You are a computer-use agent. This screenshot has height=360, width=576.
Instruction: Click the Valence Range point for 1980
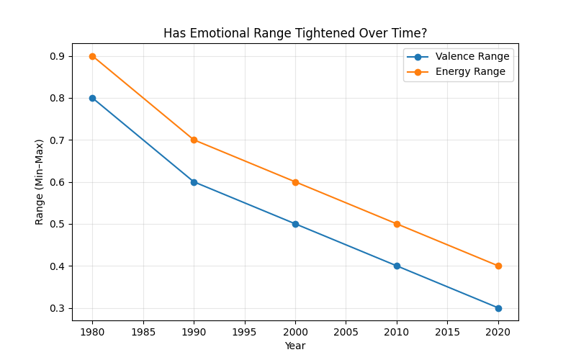[92, 98]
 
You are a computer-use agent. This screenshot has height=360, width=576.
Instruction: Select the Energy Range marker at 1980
[92, 56]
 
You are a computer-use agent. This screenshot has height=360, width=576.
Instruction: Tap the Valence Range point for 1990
[194, 182]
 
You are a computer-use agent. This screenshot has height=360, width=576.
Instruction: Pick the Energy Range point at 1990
[194, 140]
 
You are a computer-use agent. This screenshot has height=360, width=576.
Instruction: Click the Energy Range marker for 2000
[295, 182]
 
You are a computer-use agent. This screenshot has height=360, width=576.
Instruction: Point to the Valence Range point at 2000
[295, 224]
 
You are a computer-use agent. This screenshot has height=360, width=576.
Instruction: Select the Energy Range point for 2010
[397, 224]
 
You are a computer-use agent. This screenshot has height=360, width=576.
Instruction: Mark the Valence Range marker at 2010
[397, 266]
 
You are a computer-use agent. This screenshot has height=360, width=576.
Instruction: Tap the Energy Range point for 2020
[498, 266]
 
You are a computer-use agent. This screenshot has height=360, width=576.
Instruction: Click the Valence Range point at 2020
[498, 308]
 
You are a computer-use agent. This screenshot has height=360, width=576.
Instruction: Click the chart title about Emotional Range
[295, 33]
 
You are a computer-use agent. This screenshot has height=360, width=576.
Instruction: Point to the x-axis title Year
[295, 346]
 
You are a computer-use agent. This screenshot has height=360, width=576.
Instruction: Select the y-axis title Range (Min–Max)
[40, 182]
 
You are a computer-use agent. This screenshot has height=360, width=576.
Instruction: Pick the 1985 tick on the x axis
[143, 332]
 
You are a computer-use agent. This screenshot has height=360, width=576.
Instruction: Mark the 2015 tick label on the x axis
[447, 332]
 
